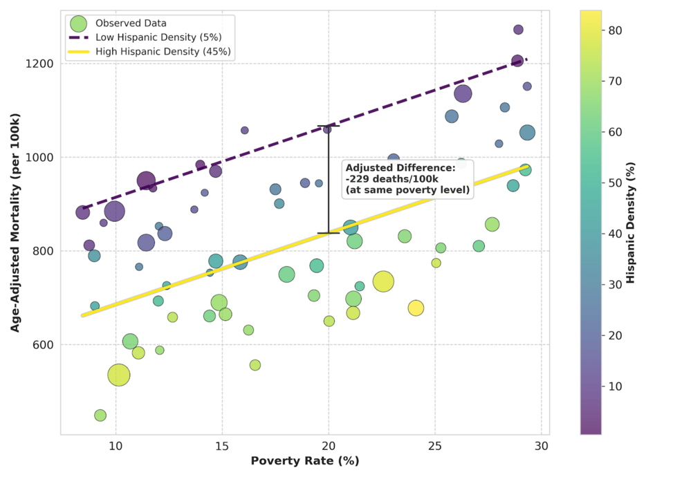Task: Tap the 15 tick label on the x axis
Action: coord(222,446)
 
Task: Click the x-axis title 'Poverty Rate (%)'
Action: coord(304,461)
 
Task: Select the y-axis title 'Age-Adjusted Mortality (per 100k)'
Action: coord(15,223)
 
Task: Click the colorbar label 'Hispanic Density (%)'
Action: coord(631,223)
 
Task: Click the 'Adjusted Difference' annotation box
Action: coord(407,179)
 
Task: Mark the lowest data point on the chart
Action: coord(100,415)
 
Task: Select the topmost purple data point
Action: coord(518,30)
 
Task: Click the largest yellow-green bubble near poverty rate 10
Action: coord(119,375)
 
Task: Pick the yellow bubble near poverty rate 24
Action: coord(416,308)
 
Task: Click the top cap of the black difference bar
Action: coord(329,126)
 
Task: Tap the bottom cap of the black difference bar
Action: coord(329,233)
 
